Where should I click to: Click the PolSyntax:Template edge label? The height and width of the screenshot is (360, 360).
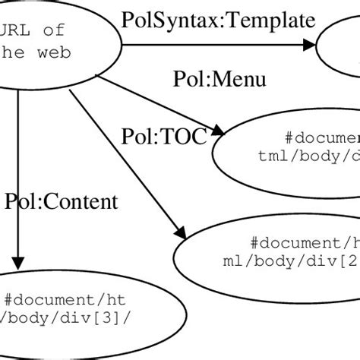pyautogui.click(x=218, y=19)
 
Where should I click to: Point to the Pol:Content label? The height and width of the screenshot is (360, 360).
pyautogui.click(x=62, y=201)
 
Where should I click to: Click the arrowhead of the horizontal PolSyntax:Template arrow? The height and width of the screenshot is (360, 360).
pyautogui.click(x=308, y=46)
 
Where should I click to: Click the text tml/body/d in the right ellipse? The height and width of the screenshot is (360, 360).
pyautogui.click(x=308, y=156)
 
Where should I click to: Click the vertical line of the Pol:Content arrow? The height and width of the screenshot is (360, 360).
pyautogui.click(x=17, y=175)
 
